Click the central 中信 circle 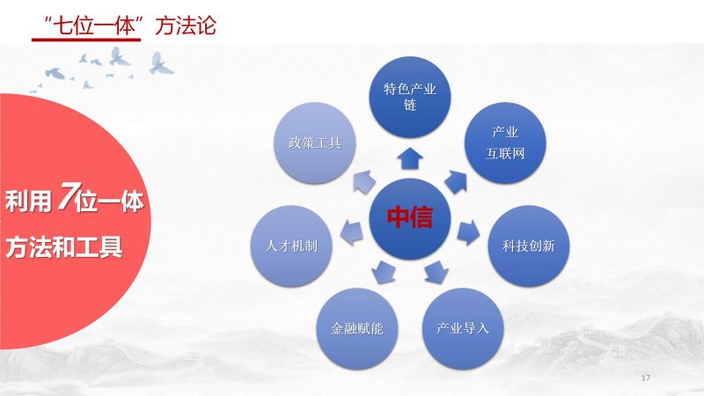coord(409,218)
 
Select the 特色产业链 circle coord(409,97)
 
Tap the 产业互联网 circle coord(504,143)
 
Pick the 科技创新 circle coord(529,246)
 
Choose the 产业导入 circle coord(463,328)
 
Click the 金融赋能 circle coord(357,328)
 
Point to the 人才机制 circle coord(291,246)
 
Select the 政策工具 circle coord(314,143)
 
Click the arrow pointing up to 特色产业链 coord(410,158)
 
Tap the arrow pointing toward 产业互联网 coord(456,181)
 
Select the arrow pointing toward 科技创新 coord(468,231)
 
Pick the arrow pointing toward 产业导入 coord(436,272)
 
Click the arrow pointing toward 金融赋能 coord(384,272)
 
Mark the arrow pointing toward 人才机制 coord(351,232)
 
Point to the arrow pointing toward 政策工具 coord(364,181)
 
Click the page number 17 coord(646,378)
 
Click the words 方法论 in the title coord(186,26)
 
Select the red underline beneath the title coord(86,40)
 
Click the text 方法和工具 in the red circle coord(63,247)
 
